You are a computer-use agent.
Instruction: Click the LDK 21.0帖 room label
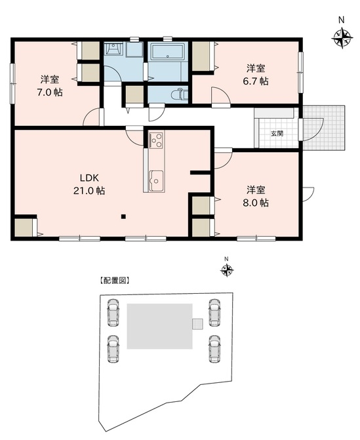(89, 184)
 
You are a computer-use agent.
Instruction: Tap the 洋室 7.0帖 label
(50, 86)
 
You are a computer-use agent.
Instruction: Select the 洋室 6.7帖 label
(256, 74)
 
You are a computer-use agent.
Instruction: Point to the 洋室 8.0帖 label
(256, 196)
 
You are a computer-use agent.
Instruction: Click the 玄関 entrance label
(277, 134)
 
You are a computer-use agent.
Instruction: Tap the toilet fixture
(180, 94)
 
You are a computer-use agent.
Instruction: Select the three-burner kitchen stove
(156, 140)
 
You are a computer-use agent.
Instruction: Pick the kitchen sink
(156, 180)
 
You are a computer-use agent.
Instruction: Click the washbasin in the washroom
(113, 49)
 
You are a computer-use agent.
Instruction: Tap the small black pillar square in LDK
(123, 216)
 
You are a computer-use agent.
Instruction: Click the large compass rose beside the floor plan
(342, 37)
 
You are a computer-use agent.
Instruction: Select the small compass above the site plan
(227, 271)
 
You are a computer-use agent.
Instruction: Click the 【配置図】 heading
(115, 281)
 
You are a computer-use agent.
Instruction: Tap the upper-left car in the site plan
(113, 312)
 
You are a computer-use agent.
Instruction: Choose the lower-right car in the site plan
(214, 349)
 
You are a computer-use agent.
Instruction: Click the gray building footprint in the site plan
(159, 326)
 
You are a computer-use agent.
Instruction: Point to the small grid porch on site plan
(197, 324)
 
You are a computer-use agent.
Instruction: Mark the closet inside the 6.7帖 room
(201, 56)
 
